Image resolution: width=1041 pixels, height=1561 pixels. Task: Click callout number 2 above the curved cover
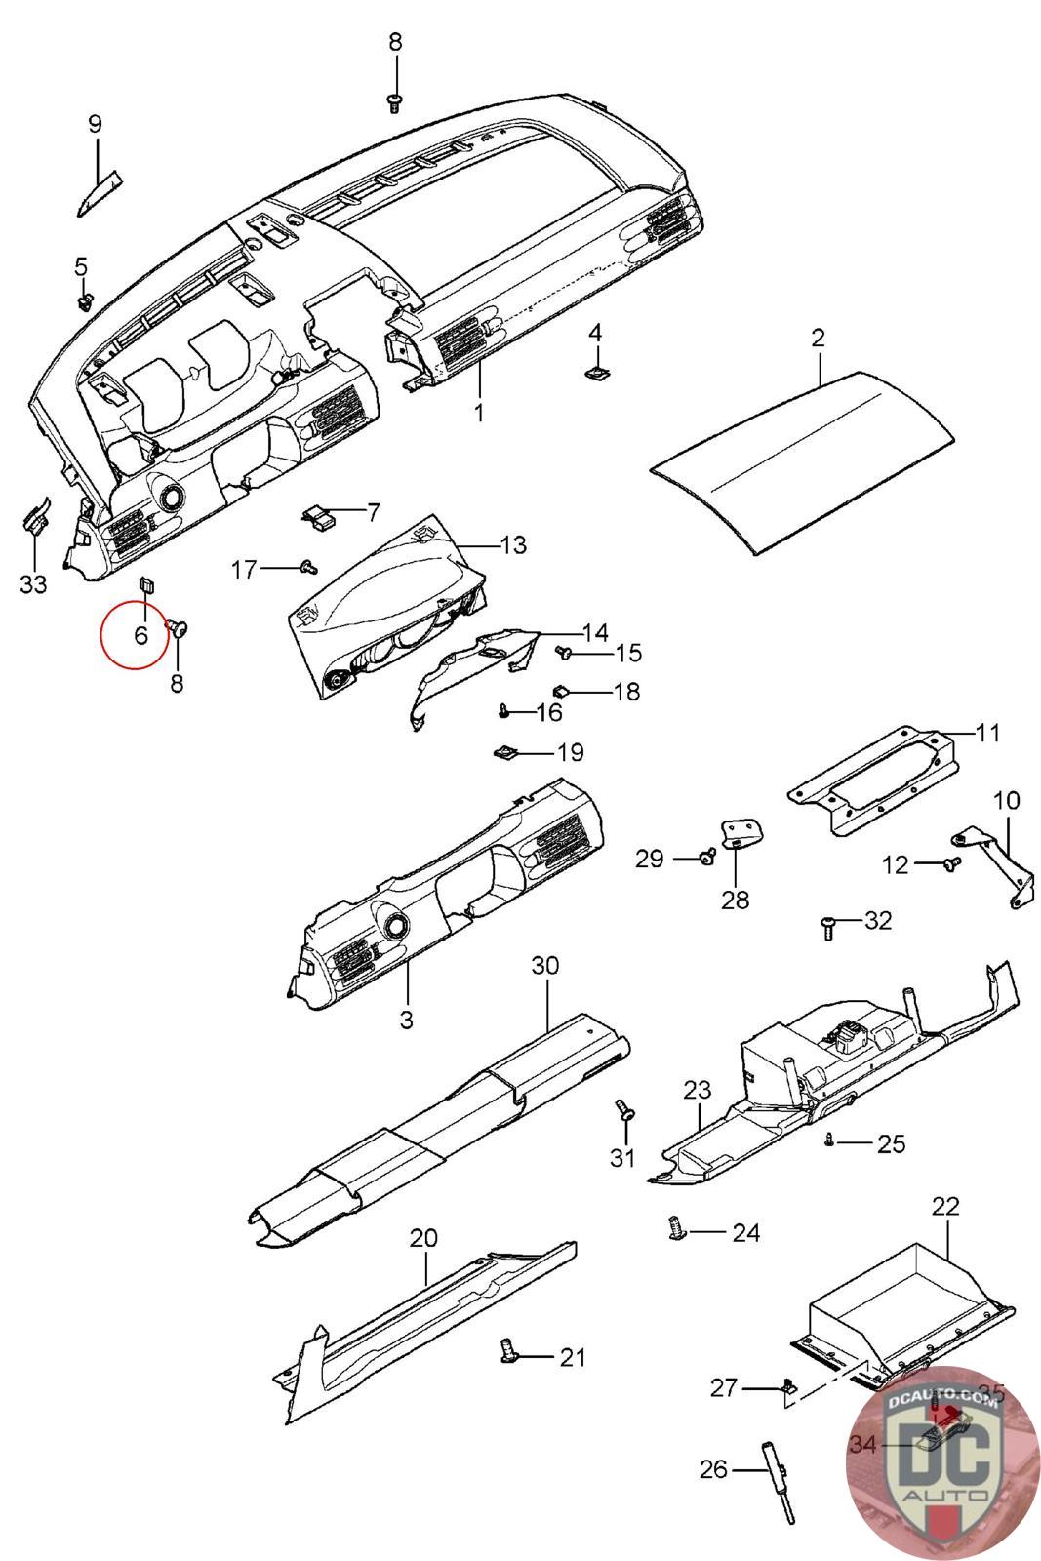818,339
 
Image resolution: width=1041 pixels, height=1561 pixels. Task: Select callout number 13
513,544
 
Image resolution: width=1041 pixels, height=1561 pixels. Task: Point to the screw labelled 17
309,566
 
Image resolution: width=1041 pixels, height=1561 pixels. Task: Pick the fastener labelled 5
85,300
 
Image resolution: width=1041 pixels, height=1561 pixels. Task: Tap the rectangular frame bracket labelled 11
872,780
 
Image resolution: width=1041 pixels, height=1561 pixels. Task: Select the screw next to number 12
952,863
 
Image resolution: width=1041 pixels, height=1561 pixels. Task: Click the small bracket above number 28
741,832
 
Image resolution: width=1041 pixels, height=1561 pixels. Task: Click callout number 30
545,966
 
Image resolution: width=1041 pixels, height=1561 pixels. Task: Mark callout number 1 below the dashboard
478,413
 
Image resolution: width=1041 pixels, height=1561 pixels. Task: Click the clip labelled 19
506,752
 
